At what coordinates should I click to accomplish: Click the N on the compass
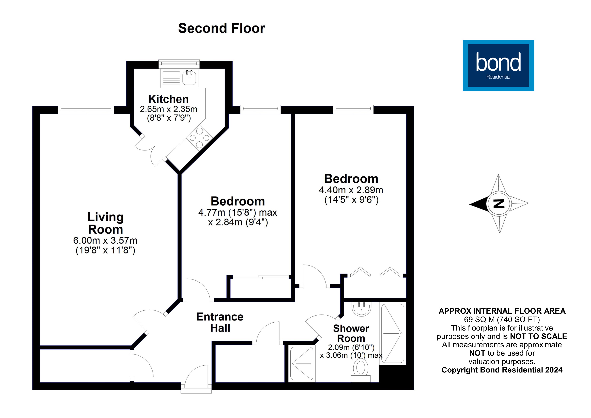pyautogui.click(x=499, y=204)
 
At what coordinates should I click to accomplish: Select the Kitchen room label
pyautogui.click(x=169, y=99)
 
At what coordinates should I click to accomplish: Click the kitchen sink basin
pyautogui.click(x=189, y=78)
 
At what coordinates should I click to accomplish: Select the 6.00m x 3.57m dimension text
pyautogui.click(x=105, y=241)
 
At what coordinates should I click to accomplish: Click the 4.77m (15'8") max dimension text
pyautogui.click(x=238, y=213)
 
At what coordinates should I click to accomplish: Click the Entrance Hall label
pyautogui.click(x=220, y=322)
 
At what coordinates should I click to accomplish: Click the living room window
pyautogui.click(x=86, y=109)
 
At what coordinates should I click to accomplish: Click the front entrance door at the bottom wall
pyautogui.click(x=196, y=379)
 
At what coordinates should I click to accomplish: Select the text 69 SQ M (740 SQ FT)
pyautogui.click(x=502, y=319)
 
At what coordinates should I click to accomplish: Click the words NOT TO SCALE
pyautogui.click(x=538, y=336)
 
